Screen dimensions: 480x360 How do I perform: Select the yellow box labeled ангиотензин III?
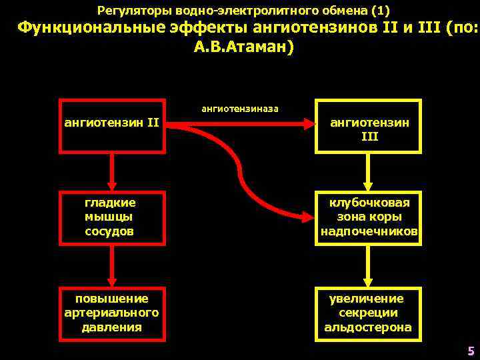point(369,127)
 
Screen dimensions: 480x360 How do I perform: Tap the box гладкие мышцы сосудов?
point(112,217)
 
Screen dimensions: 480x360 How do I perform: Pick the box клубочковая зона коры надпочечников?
point(369,217)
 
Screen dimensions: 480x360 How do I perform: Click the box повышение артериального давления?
point(112,312)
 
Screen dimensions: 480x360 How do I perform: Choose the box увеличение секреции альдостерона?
point(369,312)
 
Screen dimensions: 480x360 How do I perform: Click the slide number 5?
point(471,351)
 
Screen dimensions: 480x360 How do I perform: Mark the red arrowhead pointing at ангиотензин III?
point(308,123)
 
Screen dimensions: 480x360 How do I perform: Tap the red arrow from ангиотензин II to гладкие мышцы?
point(112,171)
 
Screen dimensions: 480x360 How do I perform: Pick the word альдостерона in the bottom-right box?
point(368,327)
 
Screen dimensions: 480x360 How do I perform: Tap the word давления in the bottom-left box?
point(112,327)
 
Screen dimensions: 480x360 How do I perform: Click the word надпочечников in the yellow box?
point(369,231)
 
